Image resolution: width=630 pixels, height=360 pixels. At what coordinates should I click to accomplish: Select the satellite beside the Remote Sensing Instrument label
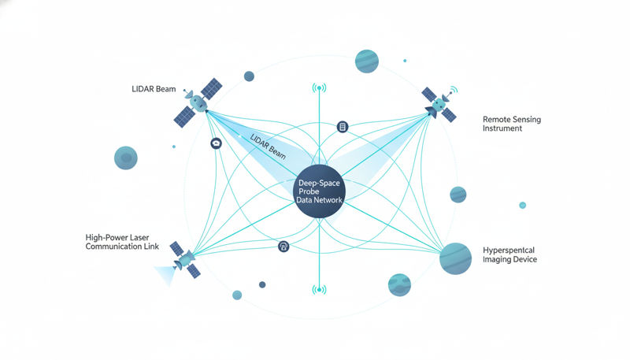point(439,103)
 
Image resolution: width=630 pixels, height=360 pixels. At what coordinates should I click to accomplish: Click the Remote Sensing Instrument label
point(511,123)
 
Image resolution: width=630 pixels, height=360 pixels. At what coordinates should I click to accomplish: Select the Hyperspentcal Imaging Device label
point(510,254)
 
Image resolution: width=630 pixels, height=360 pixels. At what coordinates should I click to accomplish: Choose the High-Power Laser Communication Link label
point(122,242)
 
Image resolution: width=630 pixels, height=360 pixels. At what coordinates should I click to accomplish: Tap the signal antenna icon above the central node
point(319,87)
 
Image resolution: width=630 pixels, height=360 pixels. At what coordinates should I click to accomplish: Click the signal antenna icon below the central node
point(319,289)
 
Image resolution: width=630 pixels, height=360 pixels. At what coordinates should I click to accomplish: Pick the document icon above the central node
point(342,127)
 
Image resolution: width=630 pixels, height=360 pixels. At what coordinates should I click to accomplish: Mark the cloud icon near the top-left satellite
point(215,143)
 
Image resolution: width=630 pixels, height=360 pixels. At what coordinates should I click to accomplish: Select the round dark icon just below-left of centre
point(283,247)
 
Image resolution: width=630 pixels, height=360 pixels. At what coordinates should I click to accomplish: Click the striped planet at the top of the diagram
point(367,60)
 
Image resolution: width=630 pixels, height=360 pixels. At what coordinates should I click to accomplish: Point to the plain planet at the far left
point(126,158)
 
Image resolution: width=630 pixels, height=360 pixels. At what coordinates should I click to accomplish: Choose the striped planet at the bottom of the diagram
point(399,284)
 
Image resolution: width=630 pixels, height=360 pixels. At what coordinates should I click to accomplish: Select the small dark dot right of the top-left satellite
point(249,76)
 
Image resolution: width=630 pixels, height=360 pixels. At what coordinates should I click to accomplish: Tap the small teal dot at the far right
point(522,205)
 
